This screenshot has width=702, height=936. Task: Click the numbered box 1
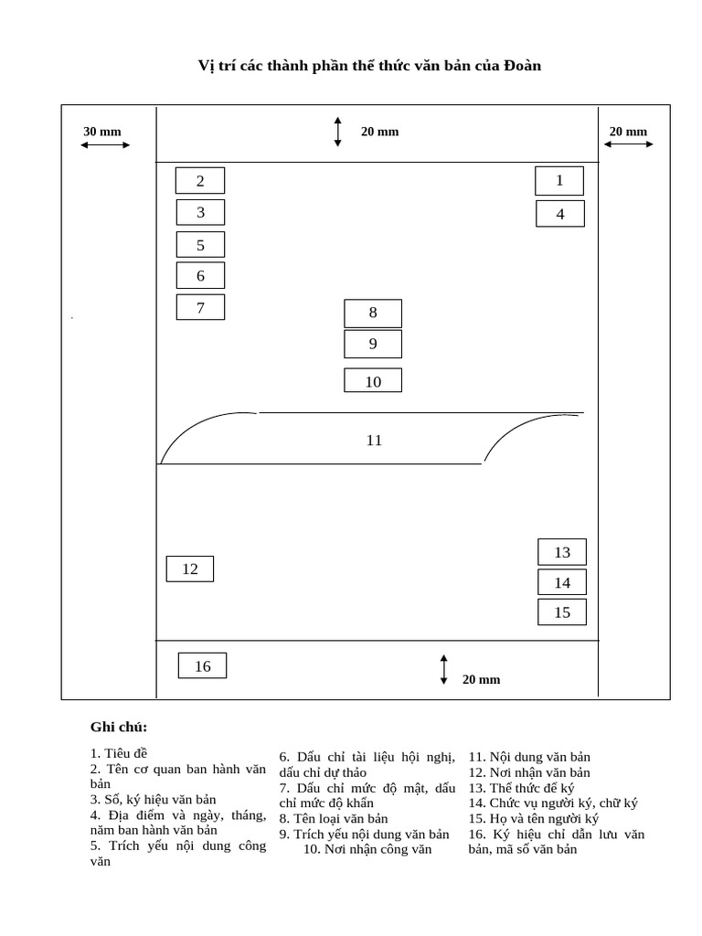point(559,181)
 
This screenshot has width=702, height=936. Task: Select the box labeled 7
point(200,308)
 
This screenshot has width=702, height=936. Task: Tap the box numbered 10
point(373,381)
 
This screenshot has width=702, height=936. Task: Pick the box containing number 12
point(189,569)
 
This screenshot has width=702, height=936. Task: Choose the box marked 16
point(202,666)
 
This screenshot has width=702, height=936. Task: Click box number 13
point(561,552)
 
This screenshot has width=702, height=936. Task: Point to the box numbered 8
point(373,313)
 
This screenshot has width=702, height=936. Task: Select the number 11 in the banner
point(374,441)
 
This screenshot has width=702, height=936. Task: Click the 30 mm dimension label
point(102,132)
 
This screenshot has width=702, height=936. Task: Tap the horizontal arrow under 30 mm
point(105,144)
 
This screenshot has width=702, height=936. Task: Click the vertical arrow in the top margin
point(338,132)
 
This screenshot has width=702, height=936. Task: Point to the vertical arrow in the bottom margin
point(444,669)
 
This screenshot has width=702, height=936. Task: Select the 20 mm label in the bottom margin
point(481,679)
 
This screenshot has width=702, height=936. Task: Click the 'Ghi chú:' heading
point(119,728)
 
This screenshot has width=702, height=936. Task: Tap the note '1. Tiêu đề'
point(119,754)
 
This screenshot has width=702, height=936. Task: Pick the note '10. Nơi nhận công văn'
point(367,849)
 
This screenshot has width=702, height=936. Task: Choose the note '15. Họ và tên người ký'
point(534,818)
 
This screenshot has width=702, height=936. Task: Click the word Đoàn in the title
point(522,66)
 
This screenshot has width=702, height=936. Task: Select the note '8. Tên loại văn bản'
point(334,818)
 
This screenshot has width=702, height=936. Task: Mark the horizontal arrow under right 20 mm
point(630,144)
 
